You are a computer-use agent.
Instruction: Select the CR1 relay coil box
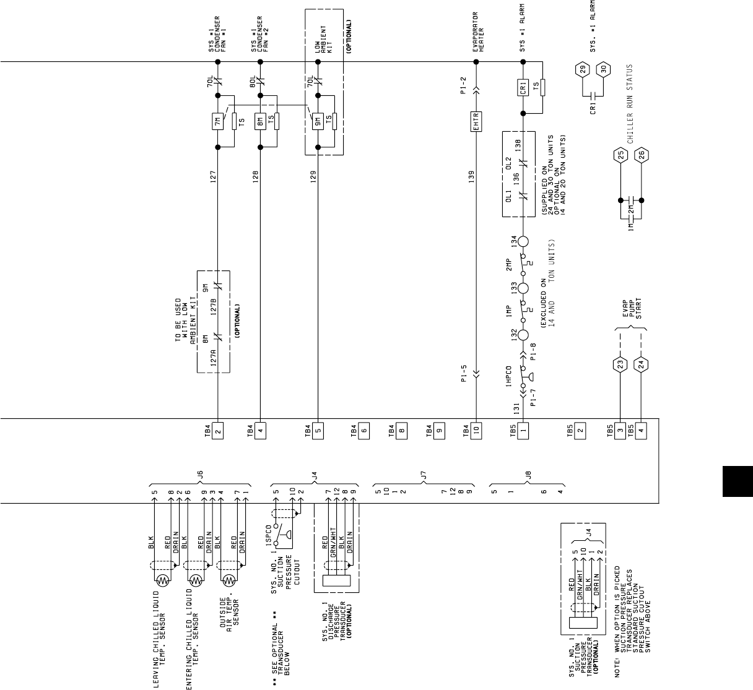tap(523, 87)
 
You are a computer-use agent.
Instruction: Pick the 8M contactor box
tap(261, 121)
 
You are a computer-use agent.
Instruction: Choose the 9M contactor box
tap(318, 122)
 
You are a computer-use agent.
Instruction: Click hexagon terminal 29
tap(581, 68)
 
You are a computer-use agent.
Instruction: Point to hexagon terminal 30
tap(604, 68)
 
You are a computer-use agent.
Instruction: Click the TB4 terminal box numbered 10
tap(476, 431)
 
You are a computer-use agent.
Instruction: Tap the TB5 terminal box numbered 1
tap(523, 431)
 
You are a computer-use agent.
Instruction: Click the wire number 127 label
tap(212, 178)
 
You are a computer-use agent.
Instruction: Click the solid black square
tap(737, 481)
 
